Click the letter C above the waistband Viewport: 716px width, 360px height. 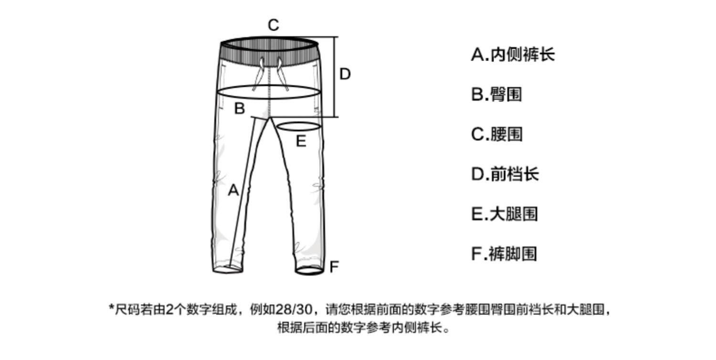(x=273, y=25)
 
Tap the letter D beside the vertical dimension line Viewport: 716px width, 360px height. (x=345, y=74)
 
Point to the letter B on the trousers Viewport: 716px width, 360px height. (x=239, y=108)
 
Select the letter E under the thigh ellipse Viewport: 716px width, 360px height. (x=301, y=141)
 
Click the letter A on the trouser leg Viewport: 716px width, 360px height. (x=233, y=191)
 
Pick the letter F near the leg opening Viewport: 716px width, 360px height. (x=334, y=266)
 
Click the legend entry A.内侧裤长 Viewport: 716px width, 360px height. (x=513, y=54)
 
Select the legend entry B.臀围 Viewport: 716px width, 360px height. (x=496, y=94)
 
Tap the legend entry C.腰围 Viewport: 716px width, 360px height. (x=496, y=134)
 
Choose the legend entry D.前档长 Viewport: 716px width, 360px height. (x=505, y=174)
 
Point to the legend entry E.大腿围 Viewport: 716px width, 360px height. (x=505, y=213)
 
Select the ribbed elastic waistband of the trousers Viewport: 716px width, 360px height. (x=270, y=53)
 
